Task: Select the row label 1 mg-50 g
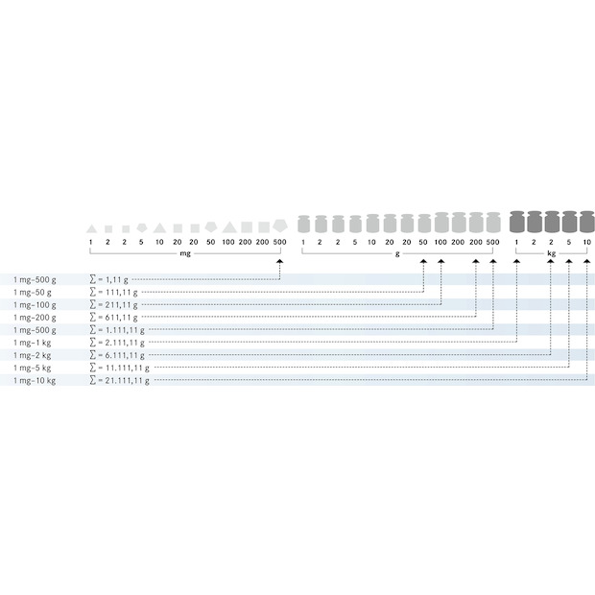[x=33, y=292]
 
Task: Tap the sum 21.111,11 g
[x=127, y=380]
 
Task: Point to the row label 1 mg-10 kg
[x=35, y=381]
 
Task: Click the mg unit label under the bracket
[x=185, y=253]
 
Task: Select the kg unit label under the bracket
[x=552, y=253]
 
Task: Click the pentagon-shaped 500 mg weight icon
[x=280, y=226]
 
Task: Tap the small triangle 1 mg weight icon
[x=91, y=228]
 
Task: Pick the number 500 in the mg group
[x=279, y=242]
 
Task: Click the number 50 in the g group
[x=423, y=242]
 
